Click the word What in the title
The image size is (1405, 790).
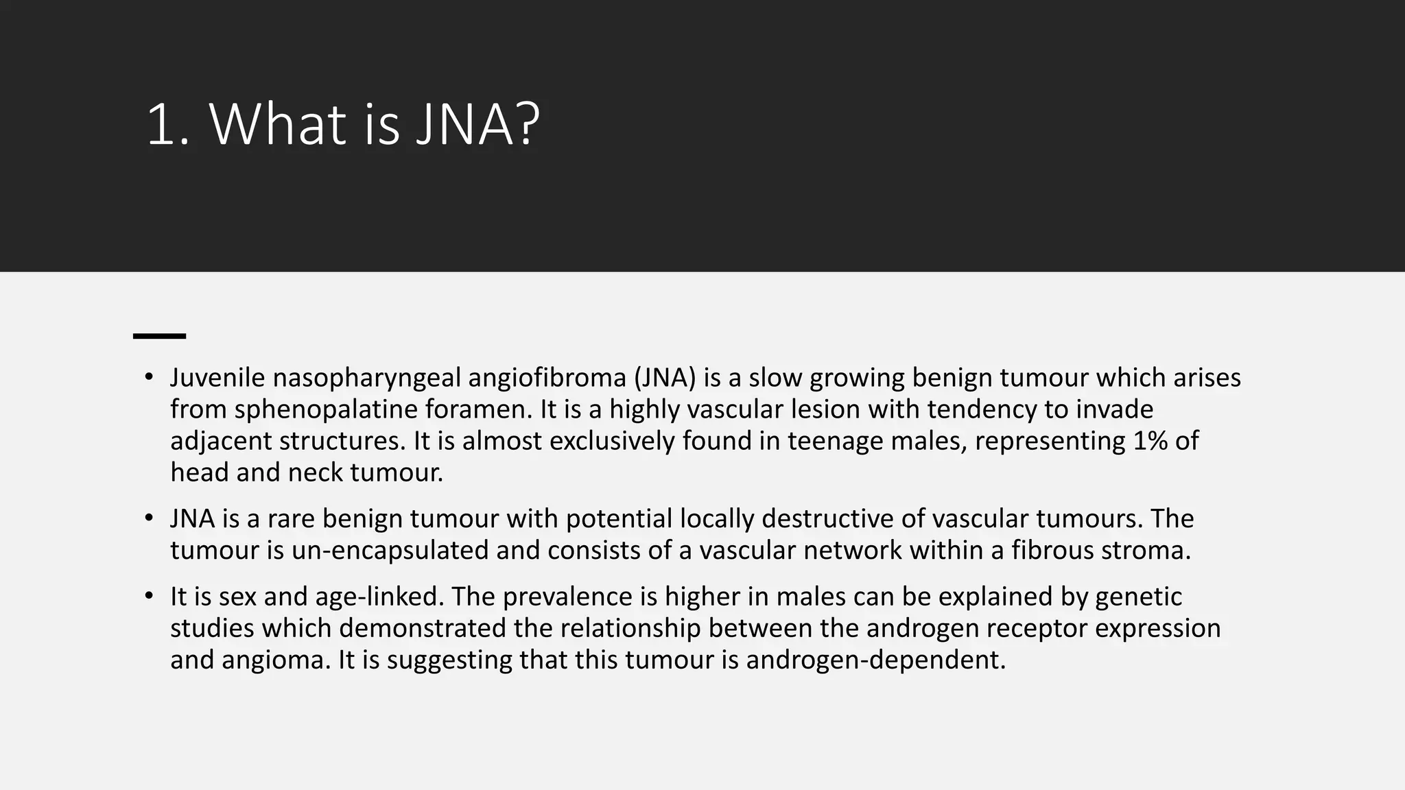[277, 125]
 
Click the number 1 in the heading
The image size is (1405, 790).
[159, 125]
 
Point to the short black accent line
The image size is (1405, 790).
[159, 336]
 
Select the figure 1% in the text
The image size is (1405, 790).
[1150, 441]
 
